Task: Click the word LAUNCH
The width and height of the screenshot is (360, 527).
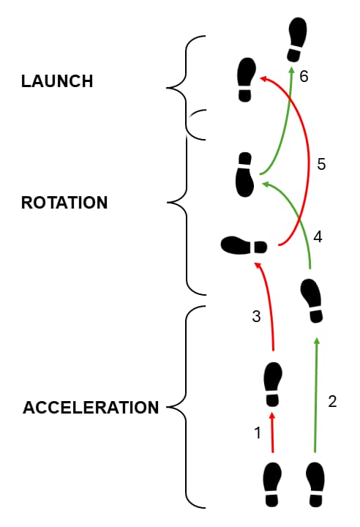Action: pos(57,81)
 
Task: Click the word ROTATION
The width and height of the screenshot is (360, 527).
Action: pos(64,203)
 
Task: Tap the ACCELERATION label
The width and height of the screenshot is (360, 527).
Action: pos(91,408)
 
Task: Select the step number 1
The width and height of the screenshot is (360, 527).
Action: pos(258,433)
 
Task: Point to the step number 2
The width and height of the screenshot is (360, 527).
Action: pos(332,401)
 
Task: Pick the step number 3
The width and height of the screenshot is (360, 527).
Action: pos(256,317)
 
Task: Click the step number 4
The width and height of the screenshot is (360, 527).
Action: pos(318,237)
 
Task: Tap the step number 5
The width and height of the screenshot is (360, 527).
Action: pos(321,165)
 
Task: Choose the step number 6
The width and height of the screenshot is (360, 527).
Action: pos(304,76)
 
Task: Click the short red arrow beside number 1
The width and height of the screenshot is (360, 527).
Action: pos(272,433)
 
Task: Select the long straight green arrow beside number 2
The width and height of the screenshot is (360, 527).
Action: pos(315,395)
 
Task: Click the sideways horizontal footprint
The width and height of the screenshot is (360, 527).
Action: pos(244,246)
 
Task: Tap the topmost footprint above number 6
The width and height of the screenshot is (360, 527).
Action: pos(297,40)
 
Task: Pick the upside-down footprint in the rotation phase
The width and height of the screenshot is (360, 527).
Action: pos(244,174)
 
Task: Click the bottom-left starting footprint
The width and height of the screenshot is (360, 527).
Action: pos(272,485)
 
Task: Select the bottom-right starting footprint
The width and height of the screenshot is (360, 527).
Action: pos(315,485)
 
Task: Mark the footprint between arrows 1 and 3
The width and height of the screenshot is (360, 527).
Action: pos(273,384)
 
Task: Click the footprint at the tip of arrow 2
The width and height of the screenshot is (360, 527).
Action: pos(312,301)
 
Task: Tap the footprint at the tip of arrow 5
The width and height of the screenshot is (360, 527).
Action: pos(246,80)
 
